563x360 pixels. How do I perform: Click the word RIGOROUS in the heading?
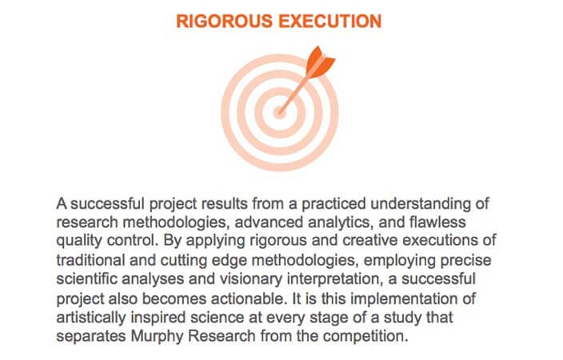pyautogui.click(x=224, y=21)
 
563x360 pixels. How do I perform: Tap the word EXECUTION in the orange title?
pyautogui.click(x=330, y=21)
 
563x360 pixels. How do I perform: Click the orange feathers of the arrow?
pyautogui.click(x=319, y=61)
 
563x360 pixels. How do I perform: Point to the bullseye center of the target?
pyautogui.click(x=279, y=112)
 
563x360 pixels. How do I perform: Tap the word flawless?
pyautogui.click(x=437, y=222)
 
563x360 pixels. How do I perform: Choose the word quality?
pyautogui.click(x=79, y=241)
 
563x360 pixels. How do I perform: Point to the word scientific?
pyautogui.click(x=86, y=279)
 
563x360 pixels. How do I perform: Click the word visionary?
pyautogui.click(x=251, y=279)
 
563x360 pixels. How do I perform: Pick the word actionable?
pyautogui.click(x=250, y=298)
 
